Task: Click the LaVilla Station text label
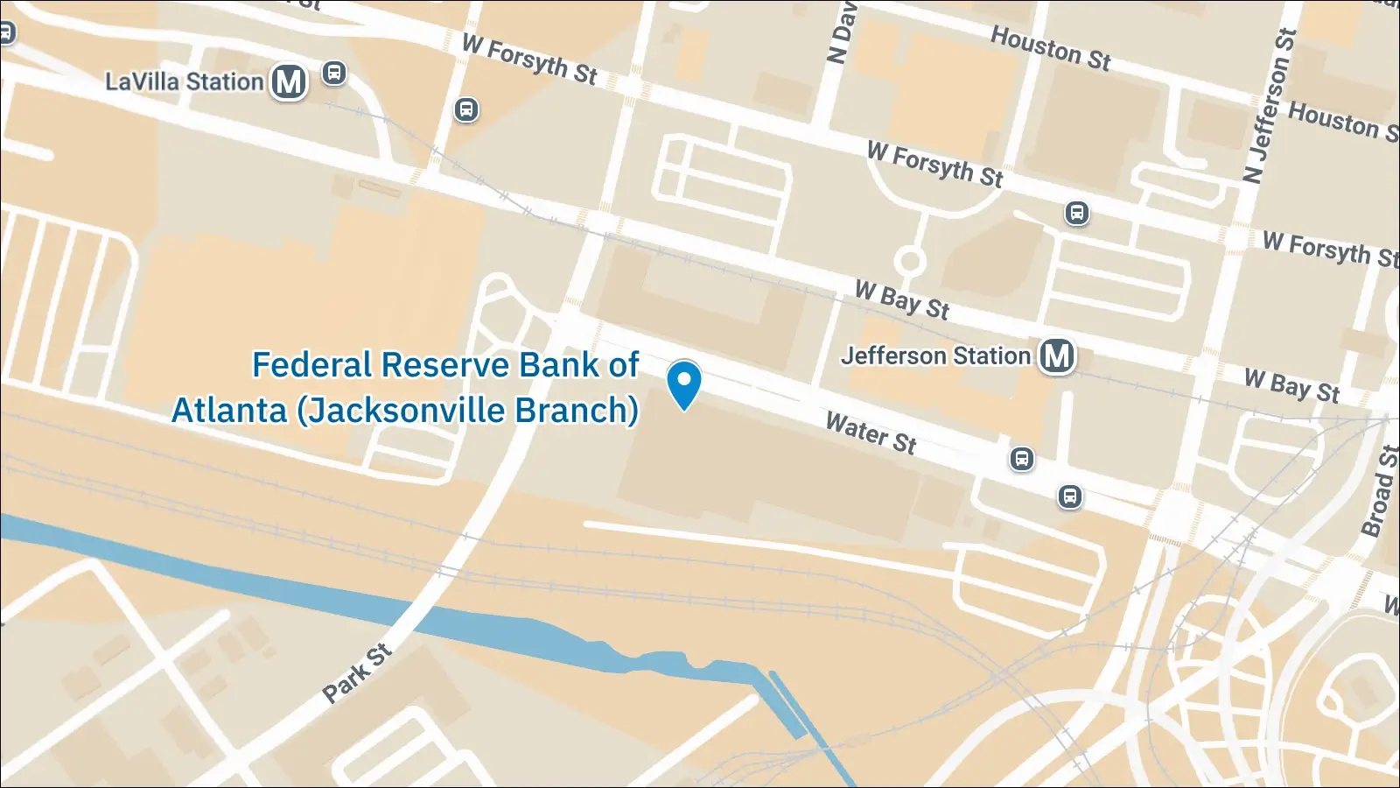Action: (184, 82)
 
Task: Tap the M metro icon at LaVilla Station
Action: (289, 82)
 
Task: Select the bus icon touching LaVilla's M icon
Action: (333, 73)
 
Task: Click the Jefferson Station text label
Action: (935, 356)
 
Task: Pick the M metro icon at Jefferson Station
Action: (1057, 356)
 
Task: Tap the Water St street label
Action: (871, 433)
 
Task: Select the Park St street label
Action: (356, 673)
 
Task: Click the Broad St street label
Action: (1379, 491)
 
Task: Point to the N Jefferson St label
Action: (1270, 106)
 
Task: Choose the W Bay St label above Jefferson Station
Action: (902, 300)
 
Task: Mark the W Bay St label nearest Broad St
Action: (1291, 385)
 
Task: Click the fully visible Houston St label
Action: (1050, 47)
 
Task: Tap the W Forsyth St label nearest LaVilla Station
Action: (529, 60)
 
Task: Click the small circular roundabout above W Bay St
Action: (910, 261)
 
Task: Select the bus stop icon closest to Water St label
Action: (1021, 459)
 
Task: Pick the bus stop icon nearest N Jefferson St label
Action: (1077, 213)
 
